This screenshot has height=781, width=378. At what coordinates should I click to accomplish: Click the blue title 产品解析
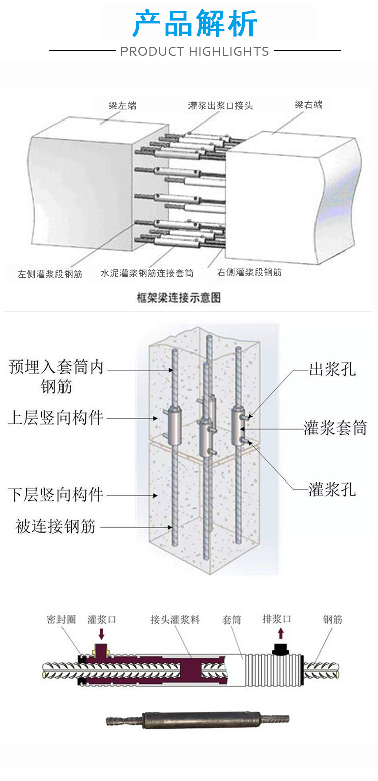click(195, 23)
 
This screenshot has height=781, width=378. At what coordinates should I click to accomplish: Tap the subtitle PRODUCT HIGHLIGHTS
click(195, 51)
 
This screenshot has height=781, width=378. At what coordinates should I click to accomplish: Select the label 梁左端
click(122, 106)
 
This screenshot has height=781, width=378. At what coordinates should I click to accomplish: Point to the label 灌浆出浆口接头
click(221, 106)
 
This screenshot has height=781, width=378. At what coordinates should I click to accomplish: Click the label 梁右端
click(308, 105)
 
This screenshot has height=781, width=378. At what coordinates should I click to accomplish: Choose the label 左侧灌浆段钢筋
click(50, 274)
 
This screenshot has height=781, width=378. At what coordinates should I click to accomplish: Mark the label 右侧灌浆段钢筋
click(249, 273)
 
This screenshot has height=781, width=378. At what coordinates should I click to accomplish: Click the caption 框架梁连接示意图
click(179, 297)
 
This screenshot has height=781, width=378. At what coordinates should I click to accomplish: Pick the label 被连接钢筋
click(55, 527)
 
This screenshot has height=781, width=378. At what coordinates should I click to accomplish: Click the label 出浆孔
click(332, 369)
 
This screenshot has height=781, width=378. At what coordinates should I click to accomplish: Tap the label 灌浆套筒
click(335, 428)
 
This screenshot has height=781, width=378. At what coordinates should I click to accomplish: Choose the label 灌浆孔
click(332, 489)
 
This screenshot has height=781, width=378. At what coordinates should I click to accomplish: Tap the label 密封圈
click(61, 619)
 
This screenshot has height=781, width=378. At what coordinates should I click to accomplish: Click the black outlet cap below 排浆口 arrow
click(280, 649)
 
